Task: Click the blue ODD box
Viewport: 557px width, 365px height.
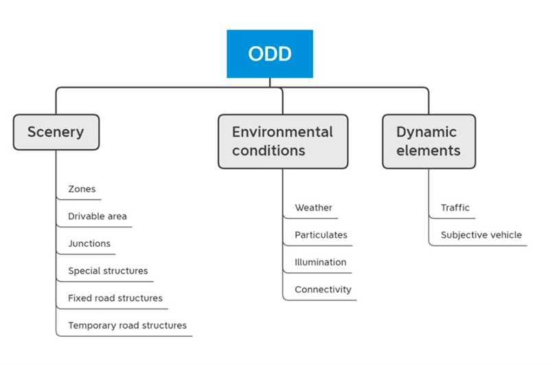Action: pos(270,54)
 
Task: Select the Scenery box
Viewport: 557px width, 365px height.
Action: pos(56,132)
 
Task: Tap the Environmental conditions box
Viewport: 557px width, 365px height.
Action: pos(283,142)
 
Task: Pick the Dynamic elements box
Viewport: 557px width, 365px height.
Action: pos(429,142)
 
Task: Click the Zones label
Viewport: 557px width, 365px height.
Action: pos(82,189)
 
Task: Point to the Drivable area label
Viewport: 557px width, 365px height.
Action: pos(98,216)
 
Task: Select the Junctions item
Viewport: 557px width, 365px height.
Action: pos(89,243)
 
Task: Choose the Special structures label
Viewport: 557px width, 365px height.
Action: pos(108,271)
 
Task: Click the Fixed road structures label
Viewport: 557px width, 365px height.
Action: pos(115,298)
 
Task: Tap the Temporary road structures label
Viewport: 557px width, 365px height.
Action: pos(127,325)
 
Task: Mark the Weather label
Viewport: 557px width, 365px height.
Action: pos(313,208)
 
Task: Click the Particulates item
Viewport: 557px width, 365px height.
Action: pos(321,235)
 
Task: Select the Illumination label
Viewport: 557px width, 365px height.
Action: pos(321,263)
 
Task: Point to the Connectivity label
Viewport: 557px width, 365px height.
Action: pos(323,289)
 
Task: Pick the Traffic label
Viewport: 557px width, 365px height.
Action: pos(455,208)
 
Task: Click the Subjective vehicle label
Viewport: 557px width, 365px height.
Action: pos(481,235)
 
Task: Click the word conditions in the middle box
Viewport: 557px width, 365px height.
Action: pos(269,151)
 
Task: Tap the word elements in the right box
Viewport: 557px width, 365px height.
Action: pos(429,151)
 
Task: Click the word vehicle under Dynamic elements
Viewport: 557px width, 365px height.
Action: pos(506,235)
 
